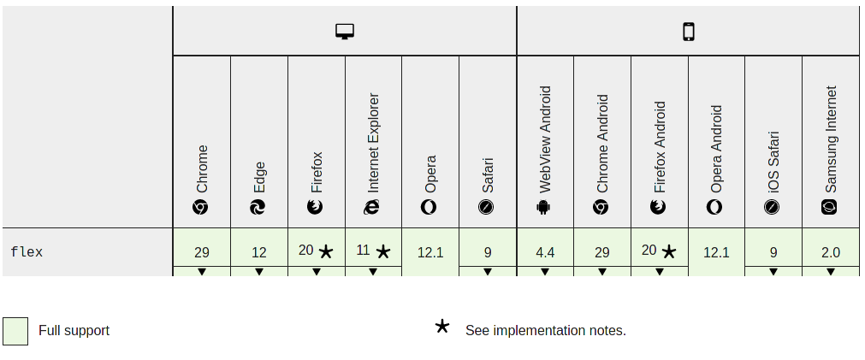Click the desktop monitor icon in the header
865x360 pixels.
pyautogui.click(x=345, y=32)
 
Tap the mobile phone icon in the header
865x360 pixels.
pyautogui.click(x=688, y=32)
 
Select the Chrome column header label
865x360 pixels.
pyautogui.click(x=202, y=168)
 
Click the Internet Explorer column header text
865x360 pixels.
pyautogui.click(x=373, y=143)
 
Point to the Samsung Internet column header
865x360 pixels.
pyautogui.click(x=830, y=139)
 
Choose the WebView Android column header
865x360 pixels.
pyautogui.click(x=545, y=139)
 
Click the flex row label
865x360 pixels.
pyautogui.click(x=27, y=252)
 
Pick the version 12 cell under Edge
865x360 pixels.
pyautogui.click(x=259, y=252)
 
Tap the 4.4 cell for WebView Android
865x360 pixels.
pyautogui.click(x=545, y=252)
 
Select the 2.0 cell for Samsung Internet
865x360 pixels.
pyautogui.click(x=830, y=252)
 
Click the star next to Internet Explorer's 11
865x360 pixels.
pyautogui.click(x=383, y=251)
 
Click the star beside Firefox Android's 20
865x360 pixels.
pyautogui.click(x=669, y=251)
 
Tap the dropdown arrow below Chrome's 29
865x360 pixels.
pyautogui.click(x=202, y=272)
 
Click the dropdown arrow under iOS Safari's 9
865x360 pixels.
pyautogui.click(x=773, y=272)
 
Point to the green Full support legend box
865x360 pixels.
pyautogui.click(x=15, y=331)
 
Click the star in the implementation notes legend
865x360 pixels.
pyautogui.click(x=442, y=326)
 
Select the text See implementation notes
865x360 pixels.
pyautogui.click(x=546, y=330)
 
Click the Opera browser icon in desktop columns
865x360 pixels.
pyautogui.click(x=430, y=207)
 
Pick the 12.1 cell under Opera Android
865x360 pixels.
pyautogui.click(x=716, y=252)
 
